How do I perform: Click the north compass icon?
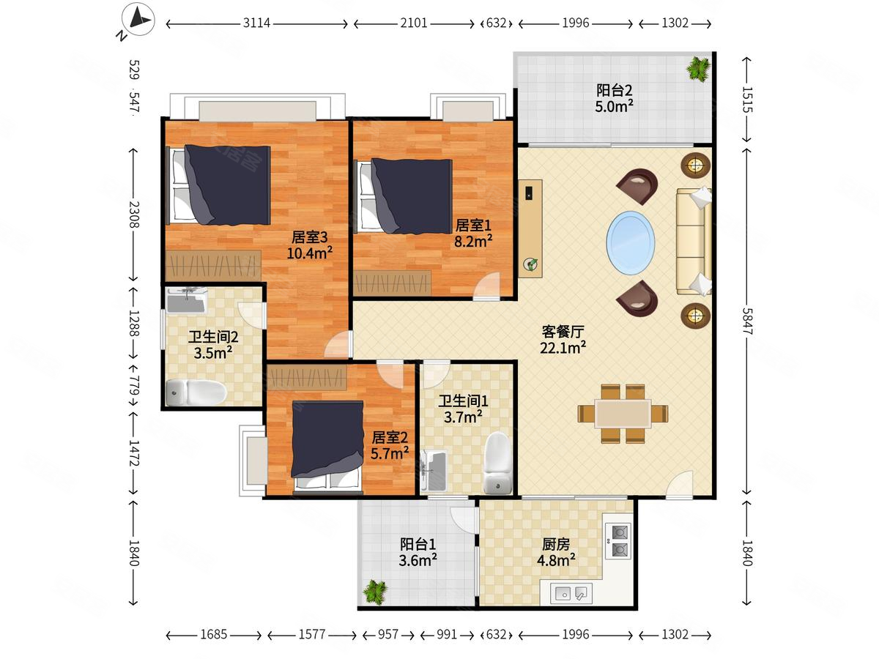pos(138,20)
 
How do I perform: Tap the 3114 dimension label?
pos(256,23)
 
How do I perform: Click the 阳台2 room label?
pos(614,90)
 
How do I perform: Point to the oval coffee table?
pos(631,243)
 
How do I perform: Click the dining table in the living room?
pos(623,414)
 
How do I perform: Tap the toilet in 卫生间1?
pos(498,463)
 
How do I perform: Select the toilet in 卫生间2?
pos(196,392)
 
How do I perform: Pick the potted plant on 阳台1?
pos(375,592)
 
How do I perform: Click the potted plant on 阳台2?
pos(698,68)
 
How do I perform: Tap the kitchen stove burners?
pos(617,541)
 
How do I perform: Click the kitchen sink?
pos(571,593)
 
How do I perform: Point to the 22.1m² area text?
pos(563,348)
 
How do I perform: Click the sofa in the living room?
pos(694,242)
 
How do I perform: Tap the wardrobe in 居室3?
pos(213,265)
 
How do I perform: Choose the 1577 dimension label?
pos(311,634)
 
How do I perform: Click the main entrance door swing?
pos(680,484)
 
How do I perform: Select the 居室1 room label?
pos(473,226)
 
